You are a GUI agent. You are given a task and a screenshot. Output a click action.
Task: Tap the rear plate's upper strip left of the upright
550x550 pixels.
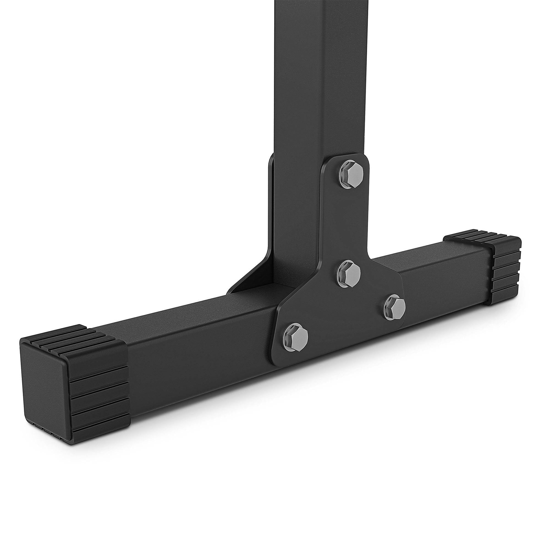tap(270, 199)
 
